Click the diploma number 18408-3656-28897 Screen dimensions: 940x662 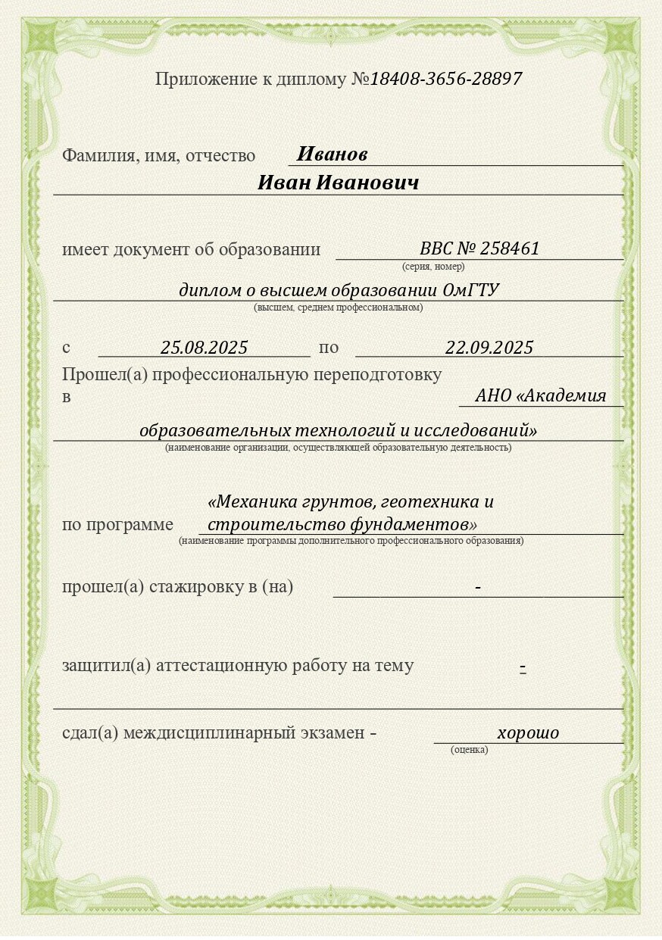coord(445,79)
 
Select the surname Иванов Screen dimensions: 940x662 coord(332,155)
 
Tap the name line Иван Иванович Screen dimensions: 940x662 coord(338,183)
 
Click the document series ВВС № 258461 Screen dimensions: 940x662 coord(479,248)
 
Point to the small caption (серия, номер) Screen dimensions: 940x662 coord(432,267)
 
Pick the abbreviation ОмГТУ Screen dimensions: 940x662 coord(470,290)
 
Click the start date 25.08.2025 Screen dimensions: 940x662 coord(205,348)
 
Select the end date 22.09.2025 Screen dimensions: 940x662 coord(489,348)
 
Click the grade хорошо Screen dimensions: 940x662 coord(528,733)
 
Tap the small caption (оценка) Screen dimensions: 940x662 coord(470,750)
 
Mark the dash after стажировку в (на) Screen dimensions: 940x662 coord(478,587)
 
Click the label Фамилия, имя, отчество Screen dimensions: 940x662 coord(159,156)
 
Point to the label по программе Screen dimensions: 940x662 coord(117,525)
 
